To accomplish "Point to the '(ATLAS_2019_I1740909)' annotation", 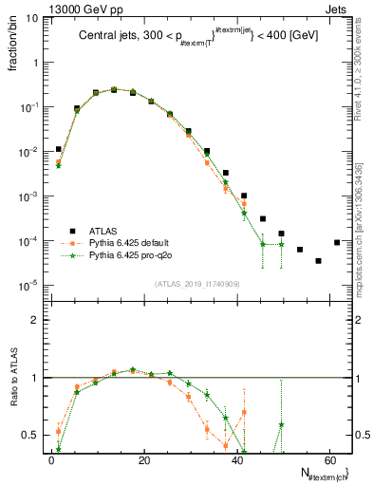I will coord(196,283).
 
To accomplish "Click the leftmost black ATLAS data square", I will coord(59,149).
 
